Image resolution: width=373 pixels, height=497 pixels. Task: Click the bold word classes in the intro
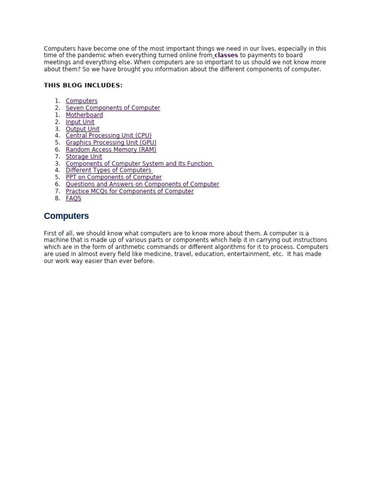coord(226,55)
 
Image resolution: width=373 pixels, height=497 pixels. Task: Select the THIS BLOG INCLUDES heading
coord(83,85)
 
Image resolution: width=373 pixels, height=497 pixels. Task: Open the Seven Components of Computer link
coord(113,108)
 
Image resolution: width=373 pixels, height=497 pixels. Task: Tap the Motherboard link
coord(84,115)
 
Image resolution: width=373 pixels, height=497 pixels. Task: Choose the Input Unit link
coord(80,122)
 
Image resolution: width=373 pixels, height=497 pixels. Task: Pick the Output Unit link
coord(83,129)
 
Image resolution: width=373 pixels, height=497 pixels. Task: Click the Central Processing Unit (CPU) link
coord(108,136)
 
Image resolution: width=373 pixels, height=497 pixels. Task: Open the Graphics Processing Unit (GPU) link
coord(111,143)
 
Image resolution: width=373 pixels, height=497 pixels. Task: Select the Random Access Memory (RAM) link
coord(111,150)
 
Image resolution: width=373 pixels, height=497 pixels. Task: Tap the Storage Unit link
coord(84,157)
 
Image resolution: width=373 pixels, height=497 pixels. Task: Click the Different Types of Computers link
coord(108,170)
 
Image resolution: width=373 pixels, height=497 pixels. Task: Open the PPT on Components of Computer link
coord(114,178)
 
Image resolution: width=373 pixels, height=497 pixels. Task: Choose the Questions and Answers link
coord(142,184)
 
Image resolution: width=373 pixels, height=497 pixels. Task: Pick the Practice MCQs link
coord(130,191)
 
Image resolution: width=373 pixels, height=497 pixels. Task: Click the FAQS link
coord(73,199)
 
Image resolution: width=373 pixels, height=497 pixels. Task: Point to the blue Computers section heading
coord(66,216)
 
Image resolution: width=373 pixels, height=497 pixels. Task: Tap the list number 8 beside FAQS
coord(57,199)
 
